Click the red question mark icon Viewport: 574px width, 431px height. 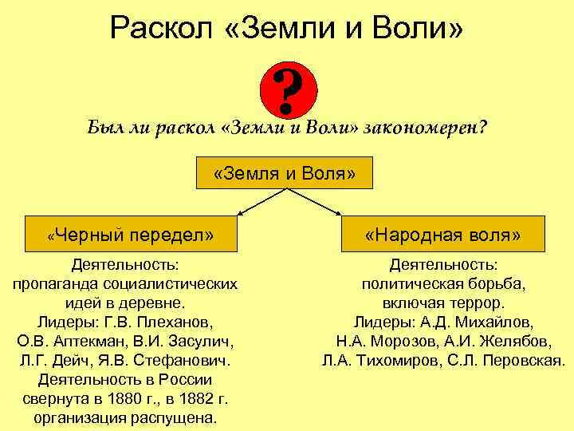pos(289,90)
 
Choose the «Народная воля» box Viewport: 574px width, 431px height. pos(442,235)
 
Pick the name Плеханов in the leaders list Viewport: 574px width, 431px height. pos(183,322)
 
